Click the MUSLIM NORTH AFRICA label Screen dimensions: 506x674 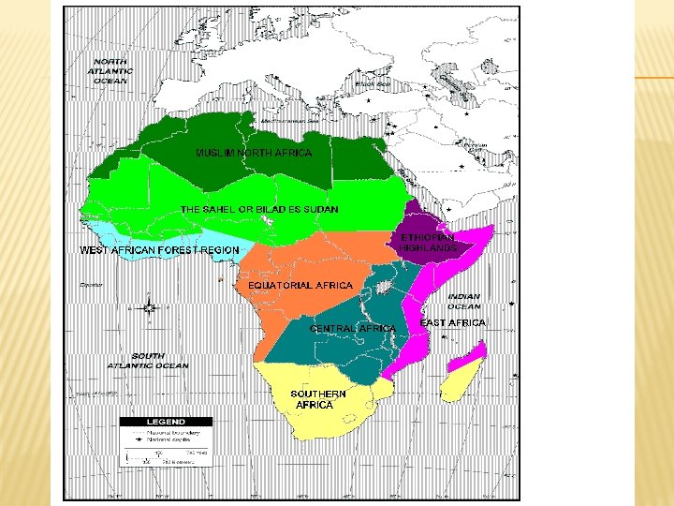[253, 152]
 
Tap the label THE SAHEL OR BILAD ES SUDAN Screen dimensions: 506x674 [259, 209]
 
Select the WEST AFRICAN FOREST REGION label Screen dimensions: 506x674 [158, 250]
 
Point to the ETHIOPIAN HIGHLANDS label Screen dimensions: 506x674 [429, 243]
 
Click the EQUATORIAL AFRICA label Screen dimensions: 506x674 [300, 285]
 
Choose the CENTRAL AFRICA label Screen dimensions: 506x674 [352, 329]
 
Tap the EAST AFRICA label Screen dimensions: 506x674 [453, 322]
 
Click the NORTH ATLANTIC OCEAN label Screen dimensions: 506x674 [111, 71]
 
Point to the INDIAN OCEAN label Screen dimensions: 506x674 [463, 301]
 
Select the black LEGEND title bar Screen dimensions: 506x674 [163, 422]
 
